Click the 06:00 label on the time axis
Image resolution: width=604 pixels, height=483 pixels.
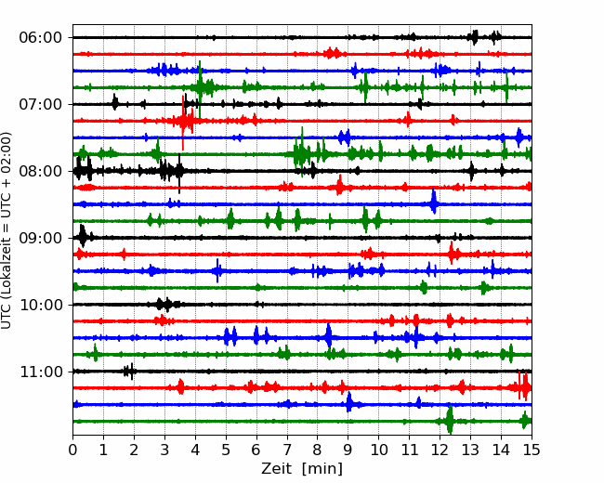41,38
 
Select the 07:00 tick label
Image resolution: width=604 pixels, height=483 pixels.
41,104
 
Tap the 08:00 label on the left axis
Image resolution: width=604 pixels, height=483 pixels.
41,171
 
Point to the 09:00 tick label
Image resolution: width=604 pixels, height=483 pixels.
41,238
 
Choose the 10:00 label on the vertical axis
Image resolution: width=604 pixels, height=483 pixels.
41,305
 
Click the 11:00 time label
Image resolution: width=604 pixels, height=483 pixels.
41,372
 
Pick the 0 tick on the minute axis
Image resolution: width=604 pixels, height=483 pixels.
72,450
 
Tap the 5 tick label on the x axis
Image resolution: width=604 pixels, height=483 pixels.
226,450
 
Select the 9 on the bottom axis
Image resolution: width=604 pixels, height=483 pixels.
348,450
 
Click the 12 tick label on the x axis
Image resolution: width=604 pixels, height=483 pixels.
440,450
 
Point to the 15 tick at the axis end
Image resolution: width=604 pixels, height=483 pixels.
532,450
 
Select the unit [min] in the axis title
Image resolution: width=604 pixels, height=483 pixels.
322,469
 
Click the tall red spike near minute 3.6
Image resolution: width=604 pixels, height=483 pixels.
183,123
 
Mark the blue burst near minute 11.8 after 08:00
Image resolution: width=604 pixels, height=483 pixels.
434,202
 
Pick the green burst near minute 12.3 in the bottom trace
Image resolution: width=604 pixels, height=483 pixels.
450,420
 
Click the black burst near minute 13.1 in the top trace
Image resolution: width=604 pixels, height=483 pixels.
474,37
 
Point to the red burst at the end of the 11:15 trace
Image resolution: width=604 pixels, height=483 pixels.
522,386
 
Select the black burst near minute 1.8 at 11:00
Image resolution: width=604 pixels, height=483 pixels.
129,372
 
